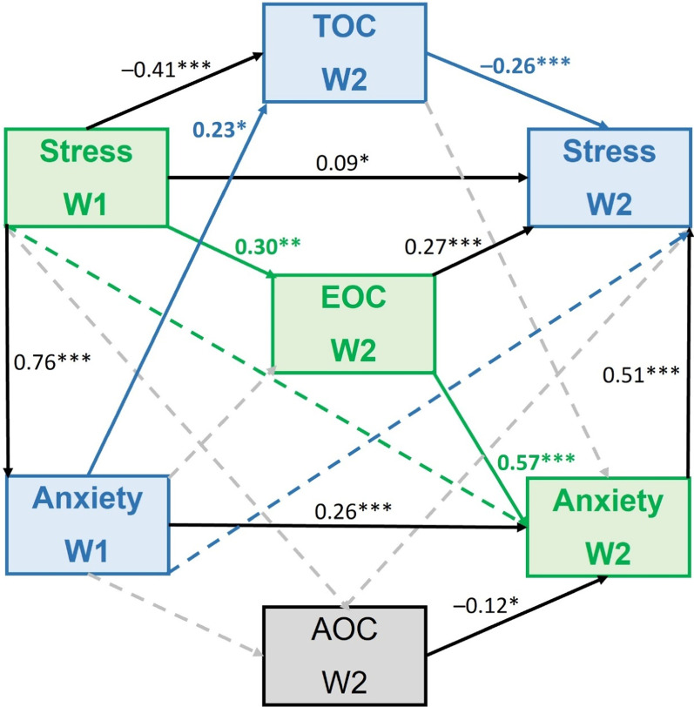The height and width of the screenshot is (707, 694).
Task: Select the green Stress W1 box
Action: [86, 178]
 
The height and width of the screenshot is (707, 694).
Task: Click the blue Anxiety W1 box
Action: [87, 524]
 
